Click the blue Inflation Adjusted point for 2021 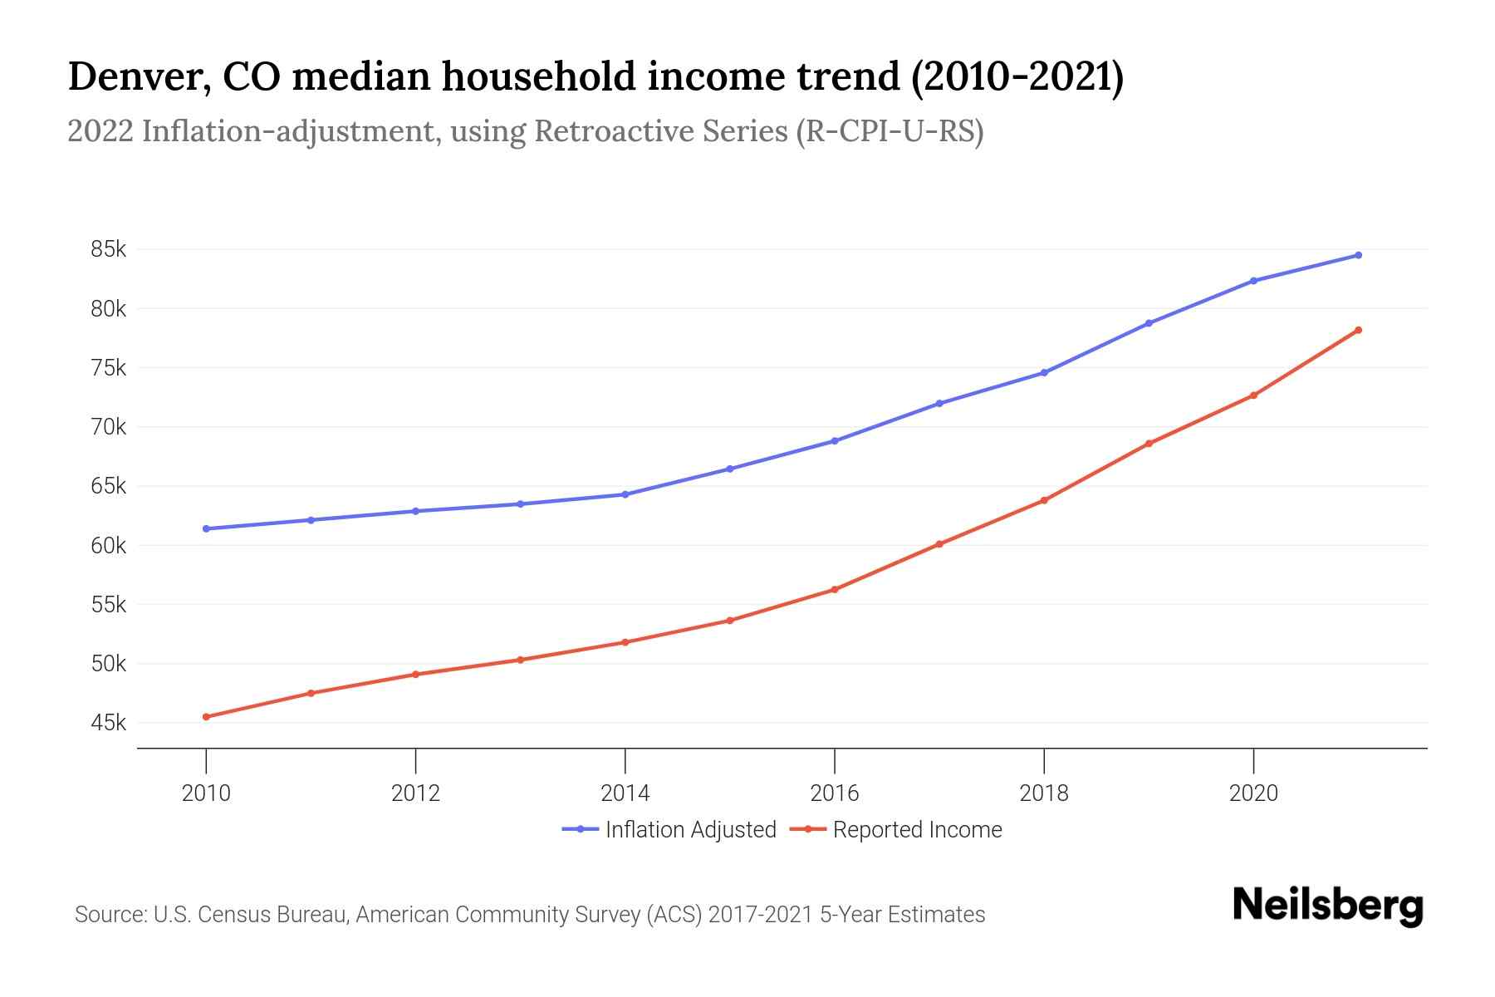tap(1358, 255)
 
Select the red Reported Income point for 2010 tap(206, 716)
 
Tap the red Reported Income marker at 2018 tap(1044, 500)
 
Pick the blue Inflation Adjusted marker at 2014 tap(625, 494)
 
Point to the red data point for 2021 tap(1358, 330)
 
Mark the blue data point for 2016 tap(835, 441)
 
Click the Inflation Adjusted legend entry tap(669, 829)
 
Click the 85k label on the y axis tap(109, 249)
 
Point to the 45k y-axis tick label tap(109, 723)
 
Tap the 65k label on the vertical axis tap(109, 486)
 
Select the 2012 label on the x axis tap(415, 793)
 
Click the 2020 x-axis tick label tap(1253, 793)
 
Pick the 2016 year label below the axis tap(835, 793)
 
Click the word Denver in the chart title tap(138, 77)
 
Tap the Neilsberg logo tap(1328, 906)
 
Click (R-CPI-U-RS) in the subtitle tap(890, 131)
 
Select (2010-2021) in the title tap(1017, 77)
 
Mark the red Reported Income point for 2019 tap(1149, 444)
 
